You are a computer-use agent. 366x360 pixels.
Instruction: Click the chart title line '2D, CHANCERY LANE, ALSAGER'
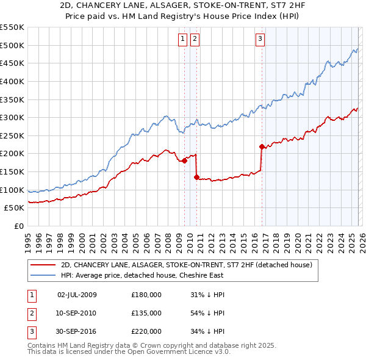click(182, 5)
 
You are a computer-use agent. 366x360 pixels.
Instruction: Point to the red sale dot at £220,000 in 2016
click(262, 146)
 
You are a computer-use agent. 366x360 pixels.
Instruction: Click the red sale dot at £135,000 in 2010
click(196, 178)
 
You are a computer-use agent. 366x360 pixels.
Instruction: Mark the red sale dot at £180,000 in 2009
click(184, 160)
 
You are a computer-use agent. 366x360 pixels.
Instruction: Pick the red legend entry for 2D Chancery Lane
click(187, 265)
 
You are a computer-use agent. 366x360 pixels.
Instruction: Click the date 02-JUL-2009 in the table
click(77, 295)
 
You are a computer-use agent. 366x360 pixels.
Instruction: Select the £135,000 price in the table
click(146, 313)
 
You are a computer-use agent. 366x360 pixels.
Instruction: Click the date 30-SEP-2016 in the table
click(77, 331)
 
